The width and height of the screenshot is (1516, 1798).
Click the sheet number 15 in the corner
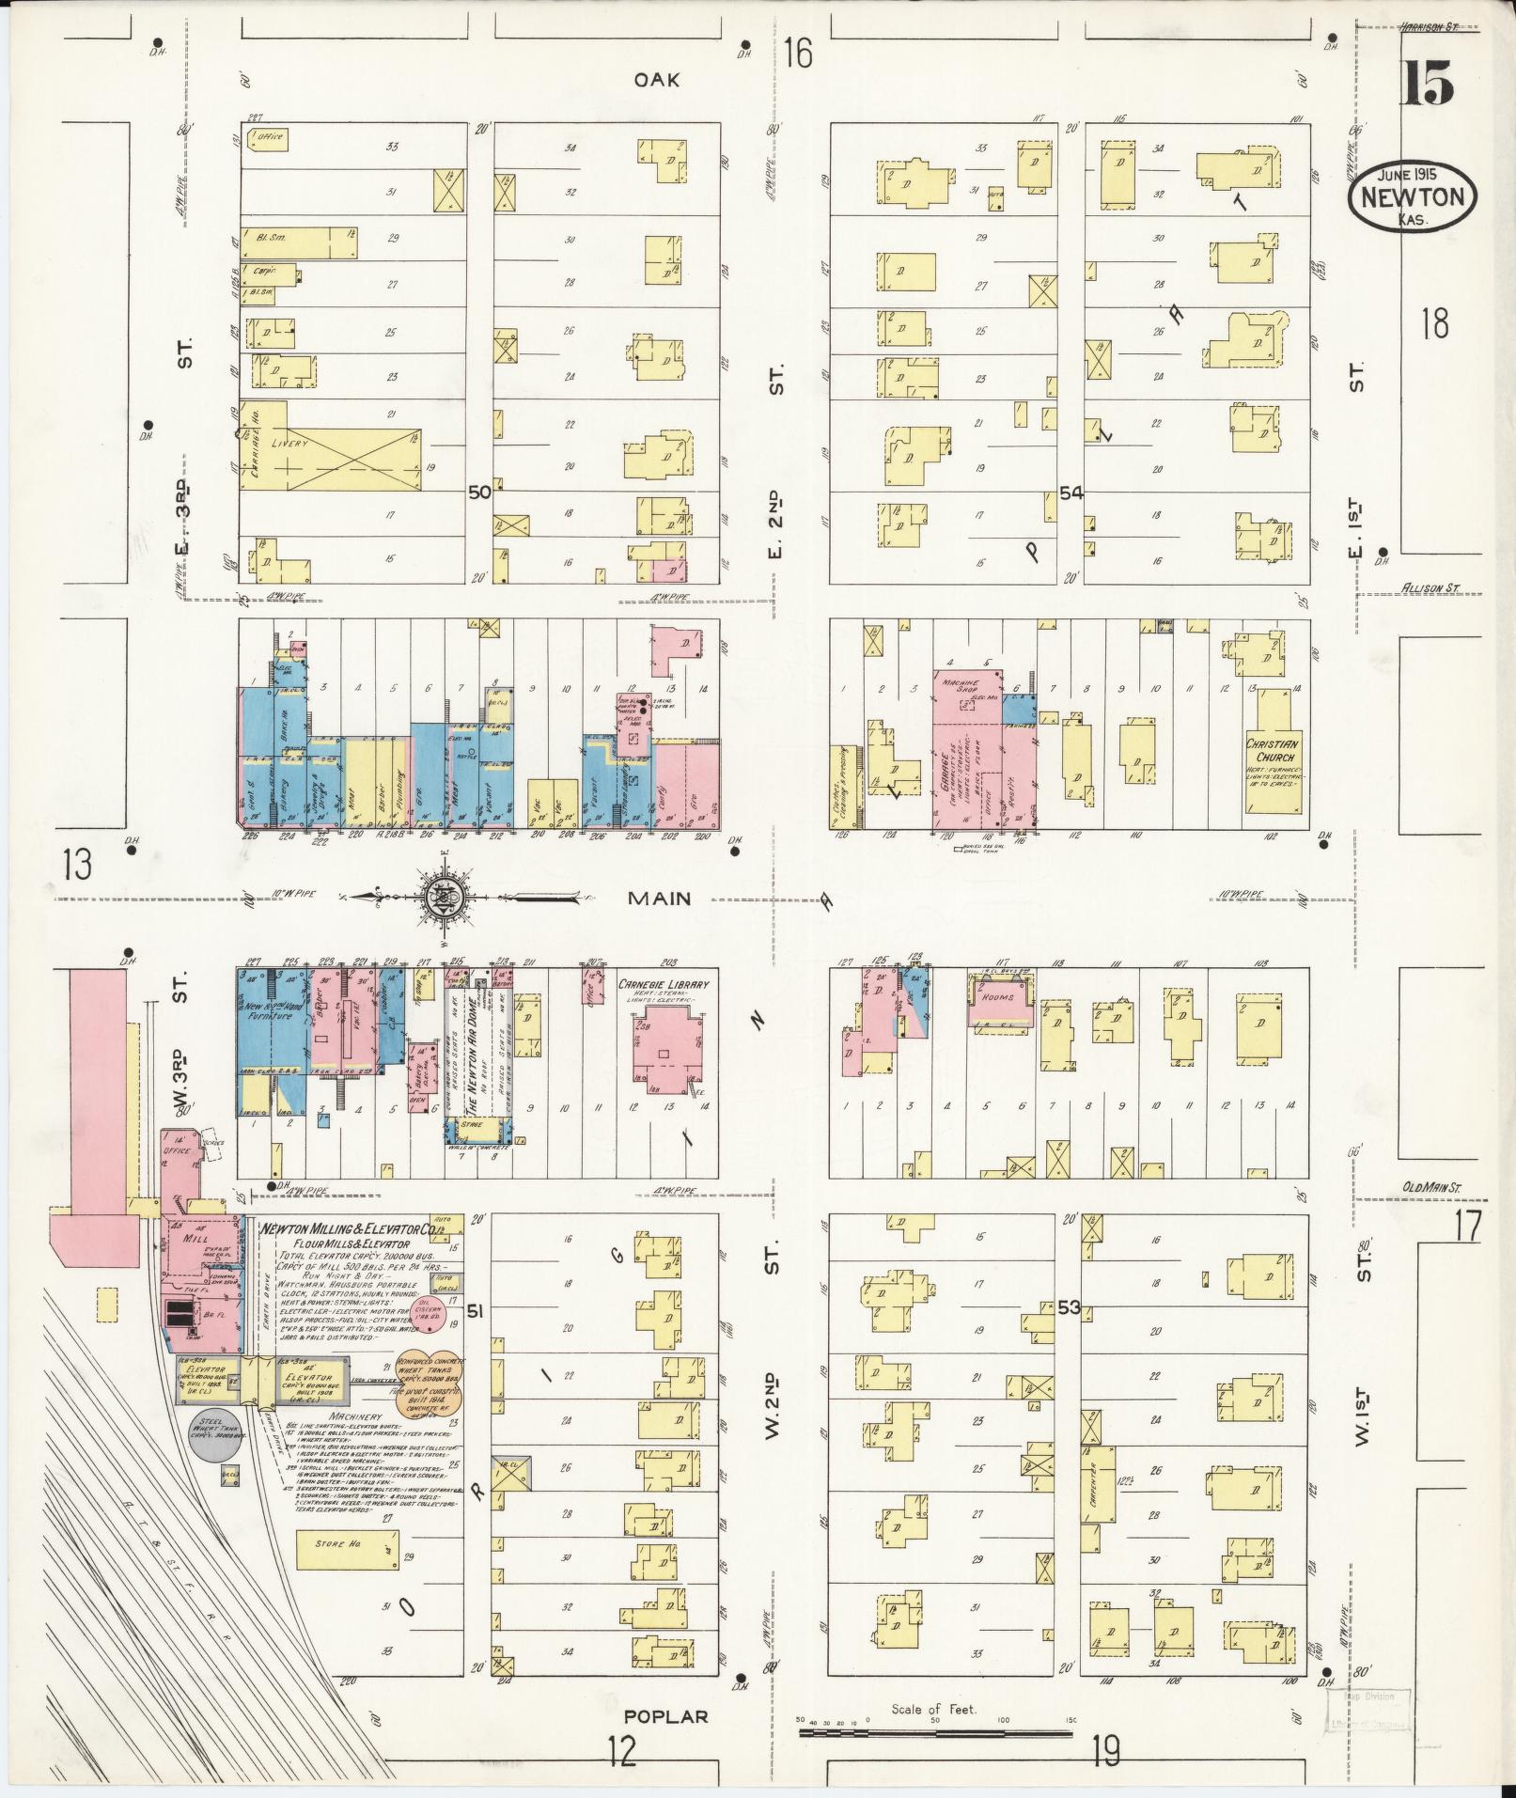(x=1429, y=85)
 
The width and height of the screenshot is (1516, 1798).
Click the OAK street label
(x=656, y=80)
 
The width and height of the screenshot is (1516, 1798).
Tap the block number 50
(x=479, y=492)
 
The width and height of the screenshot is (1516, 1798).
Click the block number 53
(x=1069, y=1307)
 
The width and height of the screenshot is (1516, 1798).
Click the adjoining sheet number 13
(x=78, y=864)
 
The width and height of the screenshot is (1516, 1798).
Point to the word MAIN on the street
(x=659, y=899)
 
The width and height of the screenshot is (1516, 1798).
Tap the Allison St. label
(x=1430, y=588)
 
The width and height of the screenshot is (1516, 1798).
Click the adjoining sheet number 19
(x=1105, y=1750)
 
